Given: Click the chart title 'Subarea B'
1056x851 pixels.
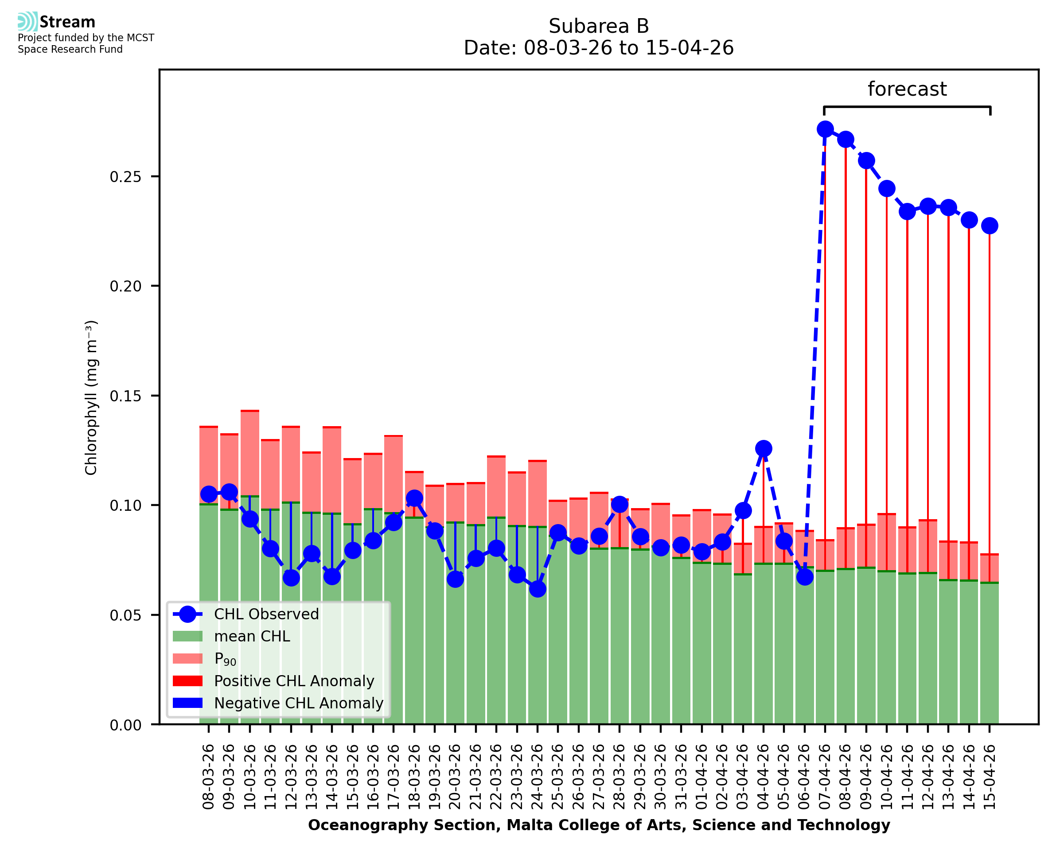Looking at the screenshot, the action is pyautogui.click(x=598, y=26).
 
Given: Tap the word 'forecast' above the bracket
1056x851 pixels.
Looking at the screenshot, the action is pyautogui.click(x=907, y=89).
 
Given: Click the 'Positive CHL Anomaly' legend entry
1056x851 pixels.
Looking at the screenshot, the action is pyautogui.click(x=273, y=681).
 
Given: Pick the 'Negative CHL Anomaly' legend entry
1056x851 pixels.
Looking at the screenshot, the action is pyautogui.click(x=277, y=703).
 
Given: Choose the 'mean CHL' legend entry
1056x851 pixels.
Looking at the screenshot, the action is pyautogui.click(x=231, y=636).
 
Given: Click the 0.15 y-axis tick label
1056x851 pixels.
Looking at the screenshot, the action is pyautogui.click(x=125, y=396).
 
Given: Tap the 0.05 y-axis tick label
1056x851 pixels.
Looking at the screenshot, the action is pyautogui.click(x=125, y=615).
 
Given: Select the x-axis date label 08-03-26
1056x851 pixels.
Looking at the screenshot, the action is pyautogui.click(x=208, y=777).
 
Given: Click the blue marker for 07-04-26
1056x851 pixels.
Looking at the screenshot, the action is pyautogui.click(x=825, y=129).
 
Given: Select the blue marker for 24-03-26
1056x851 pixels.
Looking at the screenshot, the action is pyautogui.click(x=538, y=589).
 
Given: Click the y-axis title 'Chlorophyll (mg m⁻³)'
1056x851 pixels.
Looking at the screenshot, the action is pyautogui.click(x=91, y=397).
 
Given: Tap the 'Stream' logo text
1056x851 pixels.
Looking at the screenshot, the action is pyautogui.click(x=67, y=22).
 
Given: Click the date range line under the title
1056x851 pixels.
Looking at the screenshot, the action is pyautogui.click(x=598, y=48).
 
